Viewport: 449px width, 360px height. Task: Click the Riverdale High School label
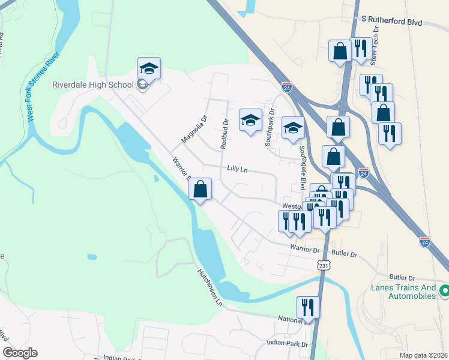point(92,85)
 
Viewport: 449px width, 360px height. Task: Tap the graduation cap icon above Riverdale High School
point(149,68)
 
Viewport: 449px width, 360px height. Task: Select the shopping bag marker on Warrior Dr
point(200,189)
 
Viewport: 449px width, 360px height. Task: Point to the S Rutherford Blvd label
point(392,22)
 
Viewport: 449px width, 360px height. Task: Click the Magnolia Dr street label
point(194,130)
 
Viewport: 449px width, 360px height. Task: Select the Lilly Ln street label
point(238,169)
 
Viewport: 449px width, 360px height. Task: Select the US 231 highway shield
point(324,265)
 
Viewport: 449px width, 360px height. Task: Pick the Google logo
point(20,353)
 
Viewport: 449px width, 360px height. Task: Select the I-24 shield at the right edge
point(424,242)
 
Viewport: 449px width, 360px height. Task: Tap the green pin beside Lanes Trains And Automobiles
point(445,291)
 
